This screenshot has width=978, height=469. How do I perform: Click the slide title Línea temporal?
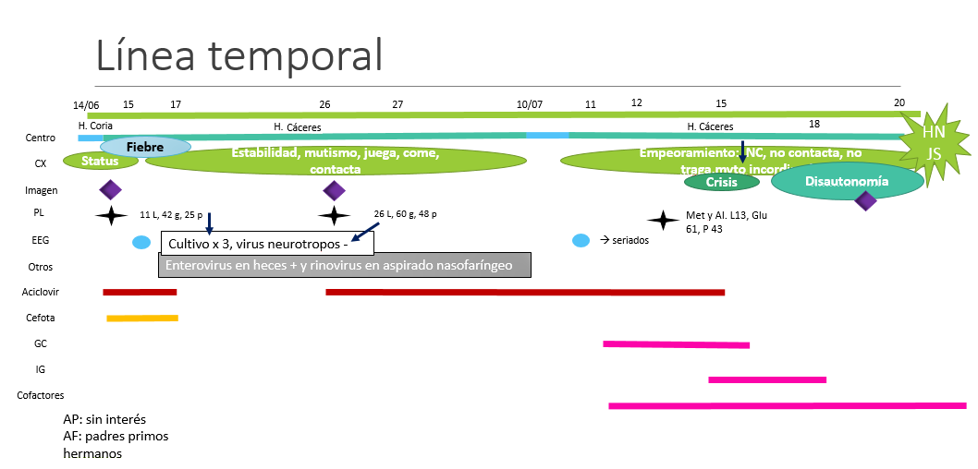(238, 55)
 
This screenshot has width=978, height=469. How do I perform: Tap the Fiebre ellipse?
(145, 147)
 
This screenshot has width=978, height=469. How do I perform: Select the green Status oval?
(101, 161)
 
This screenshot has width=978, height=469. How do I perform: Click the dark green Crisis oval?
(721, 182)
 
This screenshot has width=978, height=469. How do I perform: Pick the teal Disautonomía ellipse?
(847, 182)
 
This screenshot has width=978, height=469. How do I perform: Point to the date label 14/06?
(86, 105)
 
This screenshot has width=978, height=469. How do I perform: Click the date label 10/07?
(530, 105)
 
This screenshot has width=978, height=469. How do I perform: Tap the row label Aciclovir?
(40, 293)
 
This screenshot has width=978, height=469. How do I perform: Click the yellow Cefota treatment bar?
(141, 319)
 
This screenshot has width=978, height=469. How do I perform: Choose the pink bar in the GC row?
(676, 344)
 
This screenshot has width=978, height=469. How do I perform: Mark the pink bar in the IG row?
(766, 379)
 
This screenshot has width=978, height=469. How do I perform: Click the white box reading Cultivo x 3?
(266, 244)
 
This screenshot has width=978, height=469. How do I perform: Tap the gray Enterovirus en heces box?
(347, 265)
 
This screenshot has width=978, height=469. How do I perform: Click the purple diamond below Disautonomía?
(865, 200)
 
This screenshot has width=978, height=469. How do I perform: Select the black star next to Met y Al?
(662, 220)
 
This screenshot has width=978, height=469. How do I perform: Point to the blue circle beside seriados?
(581, 241)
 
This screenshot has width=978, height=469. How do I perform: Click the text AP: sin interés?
(104, 418)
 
